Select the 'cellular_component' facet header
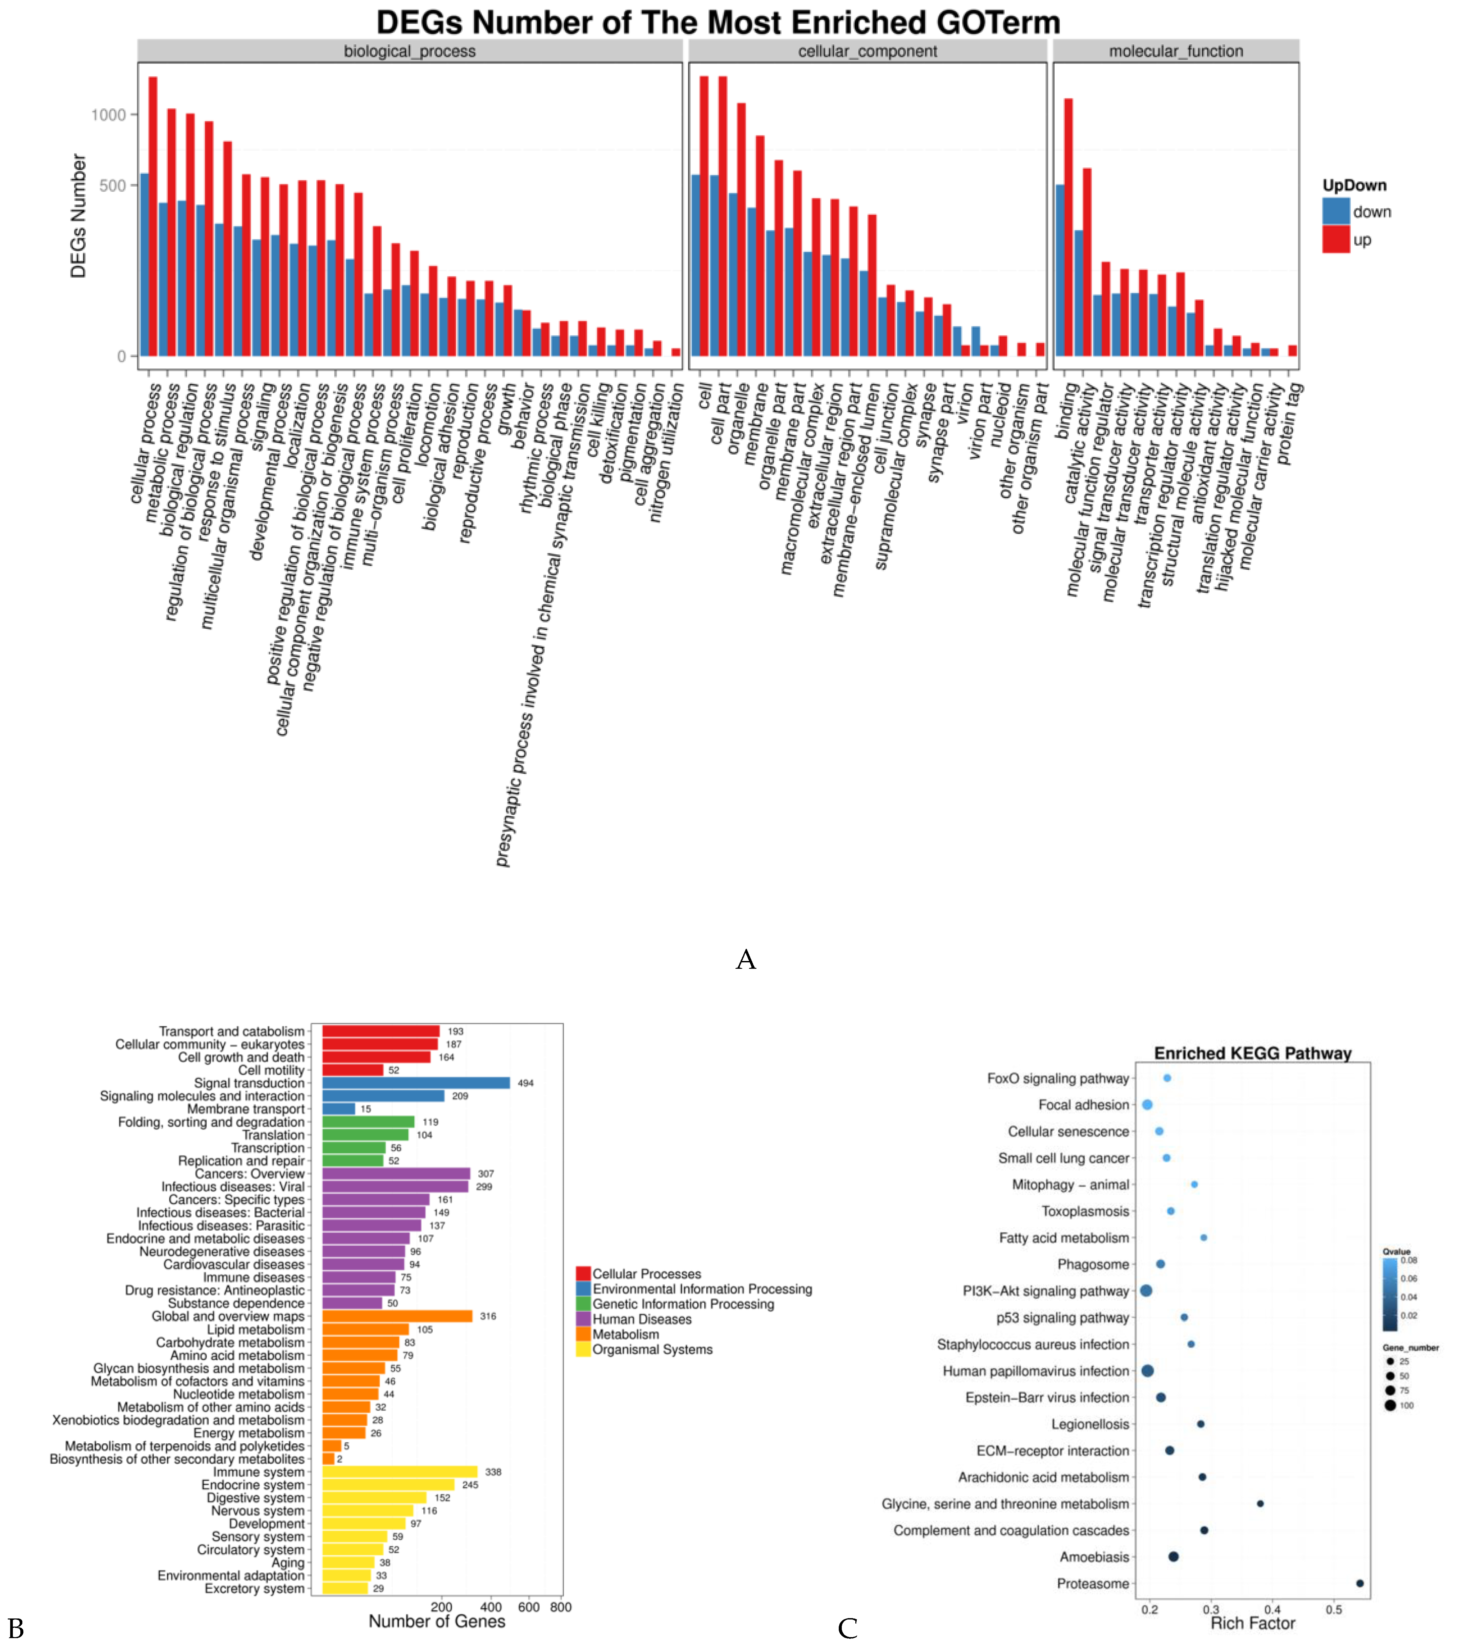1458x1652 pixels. pos(867,51)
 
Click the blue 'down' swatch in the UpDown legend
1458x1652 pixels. pos(1336,212)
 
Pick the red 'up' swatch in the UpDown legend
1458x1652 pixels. pos(1336,240)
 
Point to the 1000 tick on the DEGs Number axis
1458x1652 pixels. pos(108,115)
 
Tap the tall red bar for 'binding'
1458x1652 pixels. pos(1068,226)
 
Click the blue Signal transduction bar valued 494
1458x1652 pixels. pos(415,1083)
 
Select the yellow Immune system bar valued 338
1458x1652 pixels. pos(399,1472)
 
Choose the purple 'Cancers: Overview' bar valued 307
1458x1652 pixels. pos(396,1173)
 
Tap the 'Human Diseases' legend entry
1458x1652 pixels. pos(642,1319)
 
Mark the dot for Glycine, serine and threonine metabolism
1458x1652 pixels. pos(1260,1503)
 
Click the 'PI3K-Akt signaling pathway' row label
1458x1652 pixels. pos(1045,1291)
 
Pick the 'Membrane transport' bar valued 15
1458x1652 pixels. pos(339,1109)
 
